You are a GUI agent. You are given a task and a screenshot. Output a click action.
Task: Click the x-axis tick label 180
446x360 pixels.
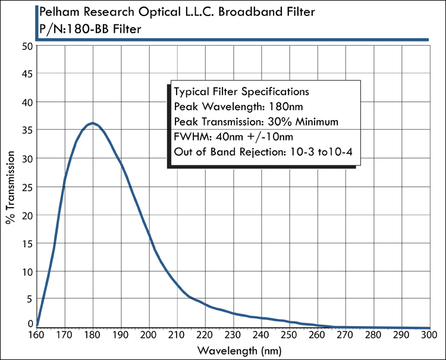coord(93,336)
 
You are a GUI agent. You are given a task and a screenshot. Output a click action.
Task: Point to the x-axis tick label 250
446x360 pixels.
coord(289,336)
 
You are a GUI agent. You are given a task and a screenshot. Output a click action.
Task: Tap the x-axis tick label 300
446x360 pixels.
coord(428,336)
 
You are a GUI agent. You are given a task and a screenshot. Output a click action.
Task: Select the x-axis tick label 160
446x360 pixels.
coord(37,336)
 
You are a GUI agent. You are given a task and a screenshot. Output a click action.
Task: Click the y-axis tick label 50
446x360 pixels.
coord(26,46)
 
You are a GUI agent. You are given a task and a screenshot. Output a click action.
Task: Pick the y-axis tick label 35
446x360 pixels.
coord(26,130)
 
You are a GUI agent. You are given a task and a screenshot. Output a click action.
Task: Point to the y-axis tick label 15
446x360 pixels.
coord(26,243)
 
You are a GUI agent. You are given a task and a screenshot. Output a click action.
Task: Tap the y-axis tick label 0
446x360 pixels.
coord(29,324)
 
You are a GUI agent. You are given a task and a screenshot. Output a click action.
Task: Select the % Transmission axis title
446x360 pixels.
coord(11,186)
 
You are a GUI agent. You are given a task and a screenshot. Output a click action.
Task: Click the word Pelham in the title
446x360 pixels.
coord(59,12)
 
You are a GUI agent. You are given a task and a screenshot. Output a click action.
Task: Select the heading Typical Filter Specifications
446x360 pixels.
coord(241,92)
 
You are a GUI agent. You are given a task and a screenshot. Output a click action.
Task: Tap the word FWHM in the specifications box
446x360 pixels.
coord(189,137)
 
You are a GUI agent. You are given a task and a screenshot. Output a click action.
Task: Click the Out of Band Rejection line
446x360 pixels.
coord(264,152)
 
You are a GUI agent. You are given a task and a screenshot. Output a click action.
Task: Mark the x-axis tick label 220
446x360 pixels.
coord(205,336)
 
